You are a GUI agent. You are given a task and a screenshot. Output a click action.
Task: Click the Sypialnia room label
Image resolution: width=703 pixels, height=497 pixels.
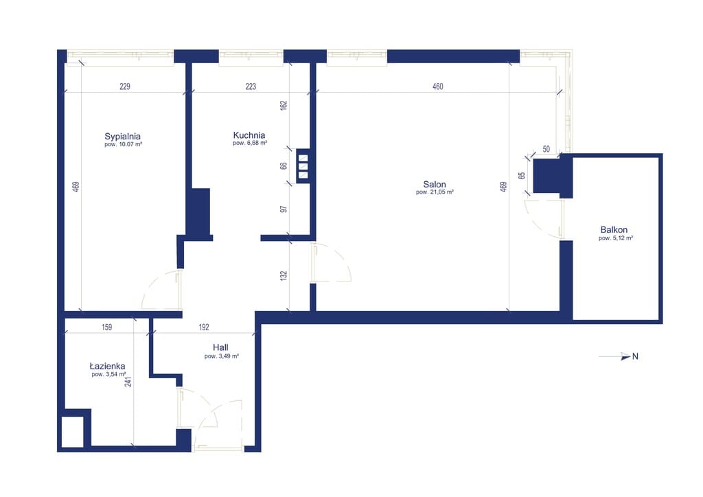[x=122, y=136]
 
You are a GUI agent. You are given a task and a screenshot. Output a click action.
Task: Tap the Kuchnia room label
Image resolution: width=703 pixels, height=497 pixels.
[x=249, y=135]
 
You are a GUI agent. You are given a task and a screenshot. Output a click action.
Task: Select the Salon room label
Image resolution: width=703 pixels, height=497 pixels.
[x=435, y=184]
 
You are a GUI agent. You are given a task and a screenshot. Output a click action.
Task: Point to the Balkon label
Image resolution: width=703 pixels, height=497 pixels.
[x=614, y=229]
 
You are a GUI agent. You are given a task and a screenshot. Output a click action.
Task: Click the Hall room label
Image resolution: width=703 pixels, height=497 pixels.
[x=220, y=347]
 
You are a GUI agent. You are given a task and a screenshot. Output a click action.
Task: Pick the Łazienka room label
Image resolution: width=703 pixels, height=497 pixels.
[x=108, y=366]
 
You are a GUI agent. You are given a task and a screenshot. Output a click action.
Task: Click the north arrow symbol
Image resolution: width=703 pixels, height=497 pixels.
[x=619, y=356]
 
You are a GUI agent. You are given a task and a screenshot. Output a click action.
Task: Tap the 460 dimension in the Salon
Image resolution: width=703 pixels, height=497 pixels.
[x=437, y=86]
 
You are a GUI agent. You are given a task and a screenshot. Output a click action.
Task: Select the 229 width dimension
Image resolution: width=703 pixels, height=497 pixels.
[x=125, y=86]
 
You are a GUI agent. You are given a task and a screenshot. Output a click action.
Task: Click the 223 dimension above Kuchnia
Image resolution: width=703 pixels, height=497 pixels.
[x=251, y=86]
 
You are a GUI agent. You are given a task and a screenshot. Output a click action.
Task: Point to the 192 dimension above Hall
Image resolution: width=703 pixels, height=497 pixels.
[x=203, y=327]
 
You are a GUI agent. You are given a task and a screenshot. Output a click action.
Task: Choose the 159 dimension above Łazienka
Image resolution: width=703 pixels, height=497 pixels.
[x=106, y=327]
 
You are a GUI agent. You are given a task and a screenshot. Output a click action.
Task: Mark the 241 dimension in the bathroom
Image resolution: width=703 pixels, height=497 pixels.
[x=128, y=382]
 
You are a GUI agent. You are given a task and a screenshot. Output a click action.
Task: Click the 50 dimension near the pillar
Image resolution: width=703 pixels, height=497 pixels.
[x=546, y=149]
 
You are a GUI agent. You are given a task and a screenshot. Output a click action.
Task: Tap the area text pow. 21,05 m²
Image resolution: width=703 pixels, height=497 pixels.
[x=435, y=192]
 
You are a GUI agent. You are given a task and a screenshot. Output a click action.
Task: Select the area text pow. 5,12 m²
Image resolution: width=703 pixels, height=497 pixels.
[x=616, y=238]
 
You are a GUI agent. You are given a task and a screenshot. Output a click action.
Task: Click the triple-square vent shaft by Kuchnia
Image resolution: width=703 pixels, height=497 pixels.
[x=303, y=166]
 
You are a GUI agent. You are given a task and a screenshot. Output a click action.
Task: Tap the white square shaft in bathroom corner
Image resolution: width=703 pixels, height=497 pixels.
[x=72, y=432]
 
